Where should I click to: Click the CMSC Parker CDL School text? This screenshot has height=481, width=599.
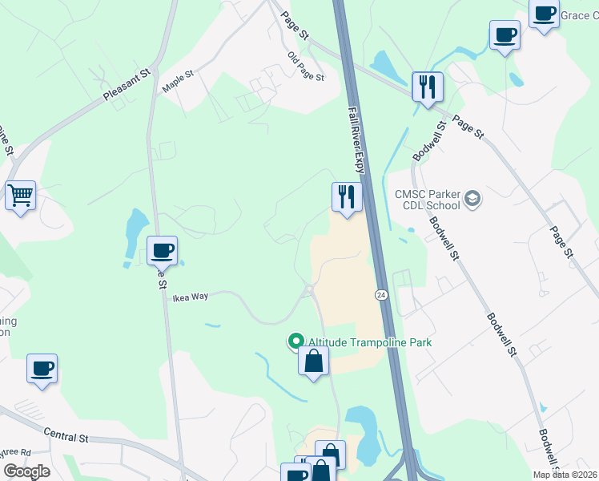coord(428,199)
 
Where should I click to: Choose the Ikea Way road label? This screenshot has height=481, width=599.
coord(191,297)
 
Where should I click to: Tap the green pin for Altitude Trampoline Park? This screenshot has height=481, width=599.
coord(296,342)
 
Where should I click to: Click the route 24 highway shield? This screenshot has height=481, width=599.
coord(380,295)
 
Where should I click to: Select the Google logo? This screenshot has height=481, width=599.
coord(26,471)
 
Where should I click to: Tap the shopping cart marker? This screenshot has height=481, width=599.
coord(21,195)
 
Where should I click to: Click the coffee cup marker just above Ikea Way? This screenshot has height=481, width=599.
coord(162,251)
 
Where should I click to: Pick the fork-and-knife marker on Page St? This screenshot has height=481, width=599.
coord(428,86)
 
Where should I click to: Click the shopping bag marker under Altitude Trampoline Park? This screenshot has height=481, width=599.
coord(314,361)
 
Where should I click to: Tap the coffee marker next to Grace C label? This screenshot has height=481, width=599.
coord(545,14)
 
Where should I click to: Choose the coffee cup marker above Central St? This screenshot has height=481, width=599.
coord(42,369)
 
